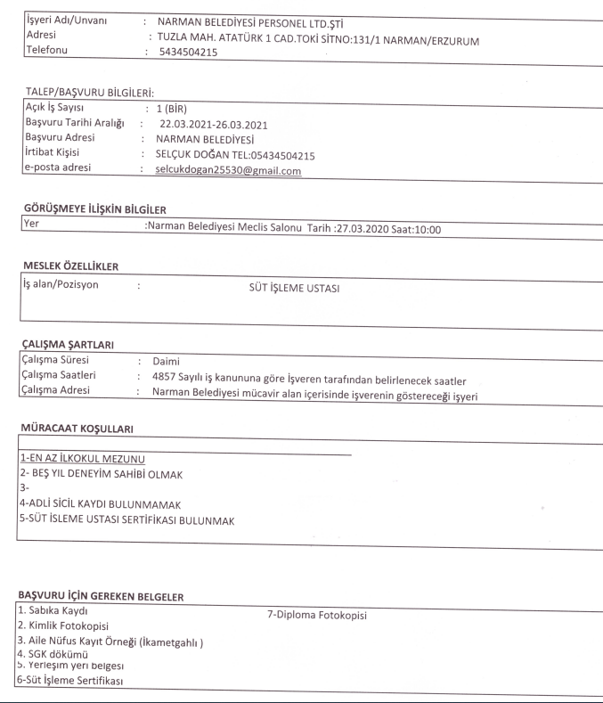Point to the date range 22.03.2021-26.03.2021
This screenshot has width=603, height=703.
tap(212, 124)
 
